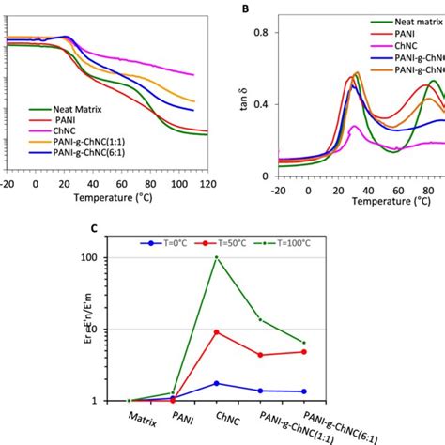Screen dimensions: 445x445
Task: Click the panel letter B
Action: (245, 8)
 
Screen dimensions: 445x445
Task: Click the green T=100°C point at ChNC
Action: (217, 258)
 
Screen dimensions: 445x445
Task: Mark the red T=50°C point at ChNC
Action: (217, 331)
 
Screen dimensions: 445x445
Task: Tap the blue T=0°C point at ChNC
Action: (217, 383)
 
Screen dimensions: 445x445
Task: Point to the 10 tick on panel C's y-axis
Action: (123, 330)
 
